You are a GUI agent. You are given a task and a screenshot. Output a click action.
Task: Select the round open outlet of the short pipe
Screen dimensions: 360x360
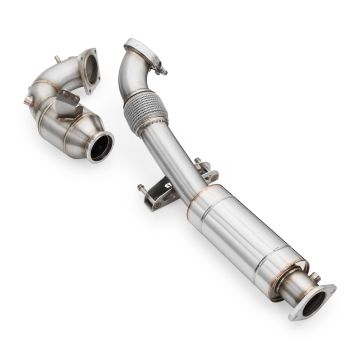click(x=99, y=148)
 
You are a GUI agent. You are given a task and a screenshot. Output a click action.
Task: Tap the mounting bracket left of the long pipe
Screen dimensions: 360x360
click(x=157, y=195)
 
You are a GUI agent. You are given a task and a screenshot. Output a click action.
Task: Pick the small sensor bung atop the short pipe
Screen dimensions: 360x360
click(x=58, y=62)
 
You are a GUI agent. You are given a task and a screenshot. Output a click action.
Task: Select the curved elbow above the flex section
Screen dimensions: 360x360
click(x=133, y=75)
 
